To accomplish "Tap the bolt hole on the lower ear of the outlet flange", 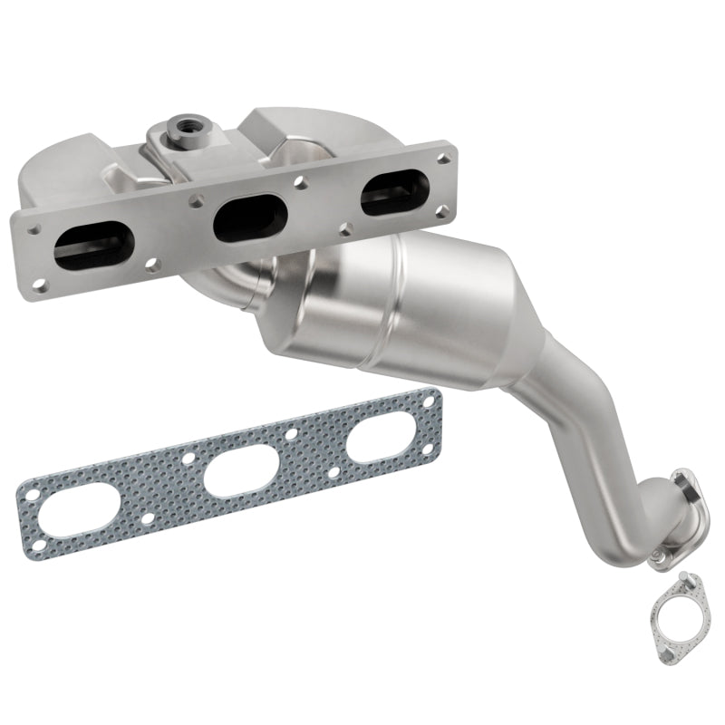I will click(656, 555).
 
